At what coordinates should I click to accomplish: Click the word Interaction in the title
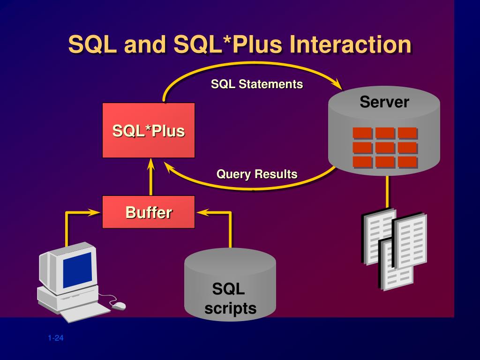(x=350, y=45)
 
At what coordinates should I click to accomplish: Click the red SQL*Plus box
(x=149, y=130)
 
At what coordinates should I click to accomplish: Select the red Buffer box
(x=149, y=212)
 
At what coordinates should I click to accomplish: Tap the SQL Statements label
(x=257, y=84)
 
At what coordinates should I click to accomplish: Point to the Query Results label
(x=257, y=174)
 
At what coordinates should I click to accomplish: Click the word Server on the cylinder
(x=384, y=102)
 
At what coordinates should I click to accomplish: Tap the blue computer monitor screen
(x=77, y=270)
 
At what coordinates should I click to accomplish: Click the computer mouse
(x=119, y=306)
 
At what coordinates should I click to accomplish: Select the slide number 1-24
(x=55, y=338)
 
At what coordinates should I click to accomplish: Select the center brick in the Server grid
(x=385, y=148)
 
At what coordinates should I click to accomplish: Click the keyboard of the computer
(x=75, y=313)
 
